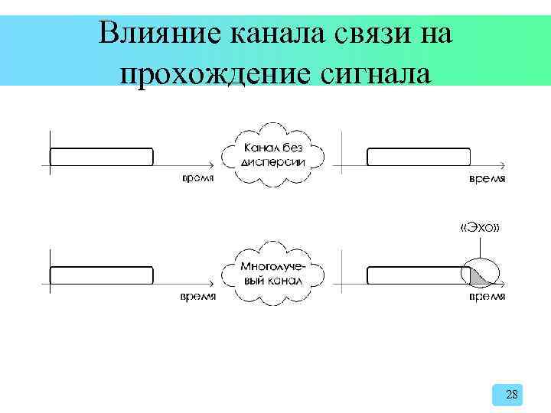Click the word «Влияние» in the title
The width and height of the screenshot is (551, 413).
coord(153,34)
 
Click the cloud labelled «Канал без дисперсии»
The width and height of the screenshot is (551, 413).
coord(273,154)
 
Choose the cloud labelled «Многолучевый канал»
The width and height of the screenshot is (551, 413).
coord(273,273)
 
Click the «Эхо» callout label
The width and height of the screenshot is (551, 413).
coord(480,228)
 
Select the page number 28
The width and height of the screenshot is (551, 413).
coord(512,395)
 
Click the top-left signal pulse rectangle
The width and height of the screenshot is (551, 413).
coord(101,157)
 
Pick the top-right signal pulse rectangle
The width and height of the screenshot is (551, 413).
coord(418,157)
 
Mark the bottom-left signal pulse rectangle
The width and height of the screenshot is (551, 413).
coord(101,275)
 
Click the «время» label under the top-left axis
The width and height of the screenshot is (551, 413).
coord(197,178)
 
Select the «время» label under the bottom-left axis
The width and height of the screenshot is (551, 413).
coord(197,296)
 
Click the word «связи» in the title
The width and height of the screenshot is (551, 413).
coord(370,34)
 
